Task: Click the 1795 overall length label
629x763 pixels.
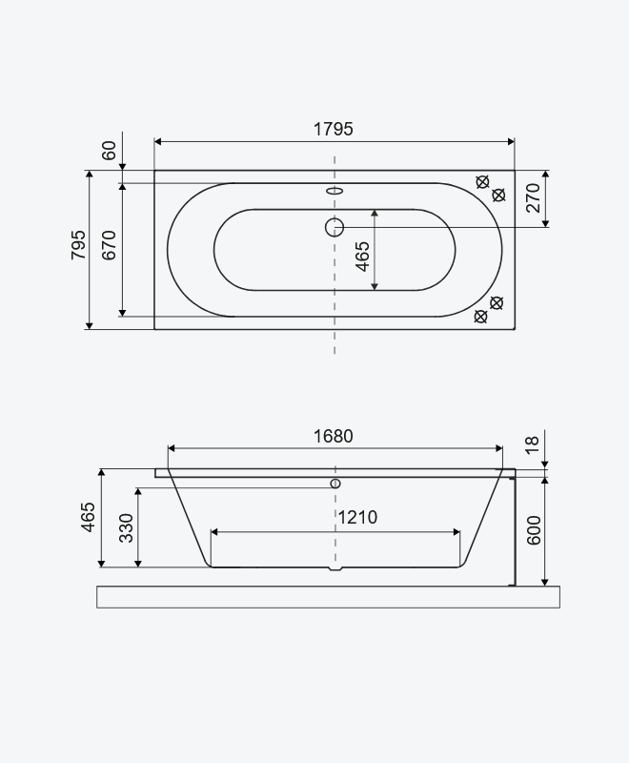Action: click(333, 130)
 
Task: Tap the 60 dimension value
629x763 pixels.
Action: click(110, 151)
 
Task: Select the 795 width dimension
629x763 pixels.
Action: click(78, 245)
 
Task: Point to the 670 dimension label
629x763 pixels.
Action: click(110, 245)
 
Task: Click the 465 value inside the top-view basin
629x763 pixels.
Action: click(362, 257)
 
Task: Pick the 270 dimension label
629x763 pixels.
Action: click(534, 197)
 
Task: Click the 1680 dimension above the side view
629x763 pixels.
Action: click(333, 437)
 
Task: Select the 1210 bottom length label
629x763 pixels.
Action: click(357, 517)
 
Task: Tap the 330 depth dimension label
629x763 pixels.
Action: click(126, 528)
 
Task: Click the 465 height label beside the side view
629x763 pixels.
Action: click(88, 517)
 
